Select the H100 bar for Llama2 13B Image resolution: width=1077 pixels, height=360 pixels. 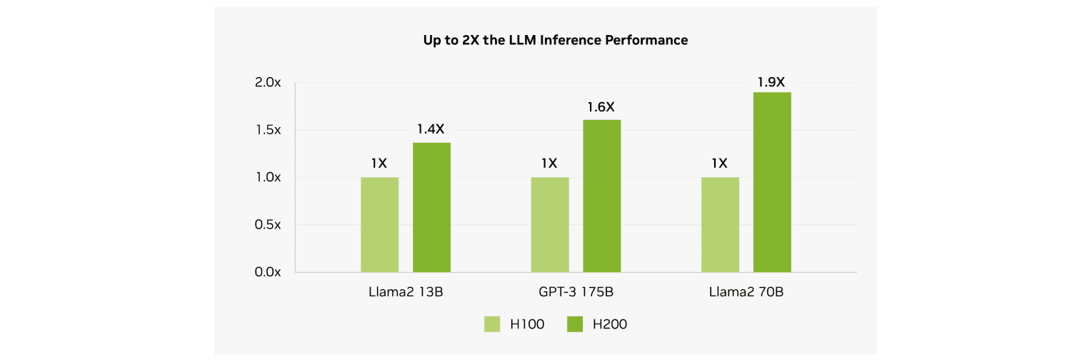click(x=379, y=224)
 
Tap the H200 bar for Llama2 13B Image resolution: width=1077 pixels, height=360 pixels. click(x=431, y=207)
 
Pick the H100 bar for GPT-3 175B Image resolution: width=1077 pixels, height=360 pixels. click(x=550, y=224)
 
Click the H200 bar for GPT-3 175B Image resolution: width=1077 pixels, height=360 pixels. click(x=602, y=196)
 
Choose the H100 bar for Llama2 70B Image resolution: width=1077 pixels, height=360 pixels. click(x=720, y=224)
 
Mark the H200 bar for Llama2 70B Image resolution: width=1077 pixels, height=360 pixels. click(x=772, y=182)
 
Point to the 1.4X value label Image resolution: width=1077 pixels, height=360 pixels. click(x=431, y=129)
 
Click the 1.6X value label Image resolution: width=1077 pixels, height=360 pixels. click(x=601, y=107)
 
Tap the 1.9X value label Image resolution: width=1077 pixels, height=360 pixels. click(x=771, y=81)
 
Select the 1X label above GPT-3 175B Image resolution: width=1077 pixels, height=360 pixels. click(x=549, y=164)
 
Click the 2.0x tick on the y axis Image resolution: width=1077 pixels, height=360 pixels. click(x=268, y=83)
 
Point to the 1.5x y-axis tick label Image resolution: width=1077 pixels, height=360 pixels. click(x=268, y=130)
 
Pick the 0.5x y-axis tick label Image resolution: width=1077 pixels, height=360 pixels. click(x=268, y=225)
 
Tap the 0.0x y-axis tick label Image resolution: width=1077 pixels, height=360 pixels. click(x=268, y=272)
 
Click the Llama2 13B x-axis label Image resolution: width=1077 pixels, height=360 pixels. click(x=406, y=292)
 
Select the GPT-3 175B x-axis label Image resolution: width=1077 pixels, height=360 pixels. click(x=576, y=292)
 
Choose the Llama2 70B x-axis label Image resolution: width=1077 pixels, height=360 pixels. click(x=746, y=292)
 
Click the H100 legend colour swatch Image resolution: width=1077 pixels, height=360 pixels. click(x=493, y=324)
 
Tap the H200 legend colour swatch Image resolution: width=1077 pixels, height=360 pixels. click(x=576, y=324)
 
